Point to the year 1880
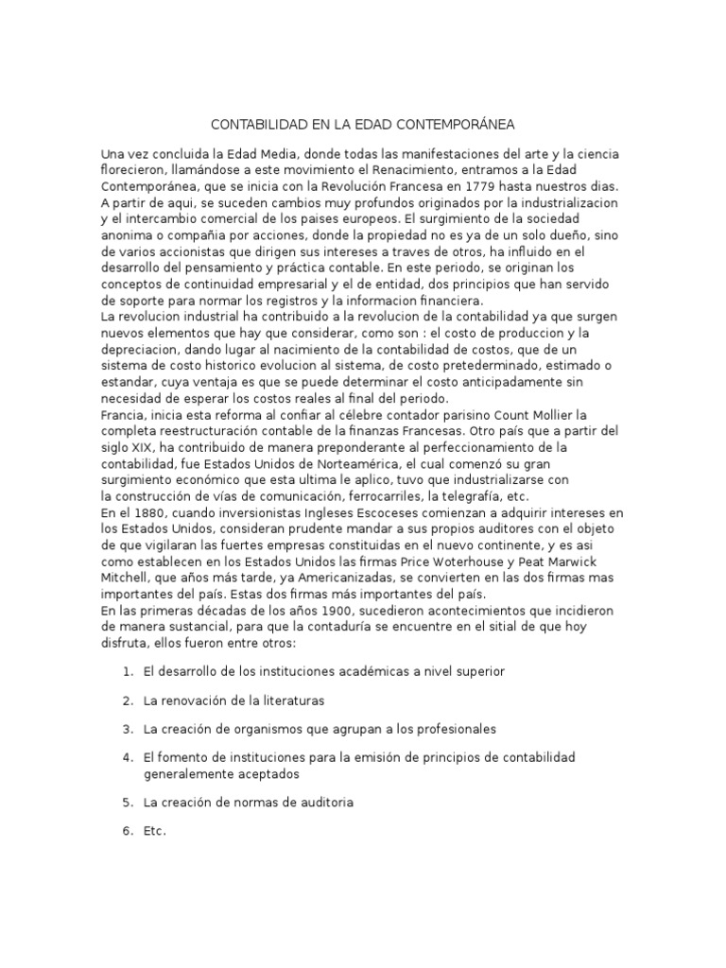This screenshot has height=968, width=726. tap(155, 511)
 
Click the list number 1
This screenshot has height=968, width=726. tap(127, 671)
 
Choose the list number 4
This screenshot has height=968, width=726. tap(127, 758)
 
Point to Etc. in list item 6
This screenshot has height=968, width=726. tap(154, 831)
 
